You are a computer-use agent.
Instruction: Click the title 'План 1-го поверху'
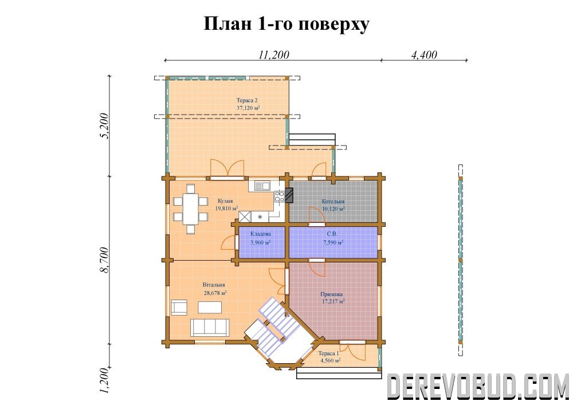point(286,25)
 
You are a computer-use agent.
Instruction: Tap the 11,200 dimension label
point(274,55)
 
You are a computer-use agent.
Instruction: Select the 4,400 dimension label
point(424,55)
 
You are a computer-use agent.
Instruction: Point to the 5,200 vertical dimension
point(104,125)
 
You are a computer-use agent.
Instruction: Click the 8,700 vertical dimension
point(104,259)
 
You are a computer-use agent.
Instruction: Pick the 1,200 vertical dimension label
point(104,380)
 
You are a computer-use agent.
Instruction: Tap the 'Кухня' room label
point(225,201)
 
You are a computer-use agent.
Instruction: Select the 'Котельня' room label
point(333,201)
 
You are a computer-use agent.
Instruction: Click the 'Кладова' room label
point(261,234)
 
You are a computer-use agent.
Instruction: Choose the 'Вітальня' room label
point(214,285)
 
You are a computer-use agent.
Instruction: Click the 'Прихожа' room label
point(332,294)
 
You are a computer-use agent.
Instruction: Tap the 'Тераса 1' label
point(328,353)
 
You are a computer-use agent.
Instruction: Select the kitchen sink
point(262,186)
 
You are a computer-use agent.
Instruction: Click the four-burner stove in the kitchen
point(280,196)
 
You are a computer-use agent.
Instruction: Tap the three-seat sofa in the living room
point(210,327)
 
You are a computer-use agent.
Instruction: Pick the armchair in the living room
point(179,307)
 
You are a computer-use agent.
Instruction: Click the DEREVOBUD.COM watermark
point(478,387)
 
